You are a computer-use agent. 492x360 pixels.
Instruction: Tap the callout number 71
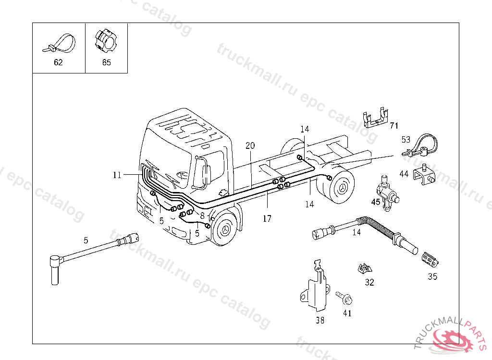click(x=394, y=126)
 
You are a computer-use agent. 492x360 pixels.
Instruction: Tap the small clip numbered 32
click(x=365, y=268)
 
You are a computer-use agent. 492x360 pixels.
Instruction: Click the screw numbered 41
click(x=344, y=298)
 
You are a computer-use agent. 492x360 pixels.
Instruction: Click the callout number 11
click(x=117, y=175)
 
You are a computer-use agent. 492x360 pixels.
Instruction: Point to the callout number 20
click(x=250, y=145)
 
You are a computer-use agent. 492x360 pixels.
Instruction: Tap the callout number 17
click(x=267, y=218)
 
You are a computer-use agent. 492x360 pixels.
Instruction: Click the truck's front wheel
click(x=225, y=228)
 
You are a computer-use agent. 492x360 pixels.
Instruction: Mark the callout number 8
click(x=202, y=216)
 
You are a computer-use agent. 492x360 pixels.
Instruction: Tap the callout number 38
click(x=320, y=320)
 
